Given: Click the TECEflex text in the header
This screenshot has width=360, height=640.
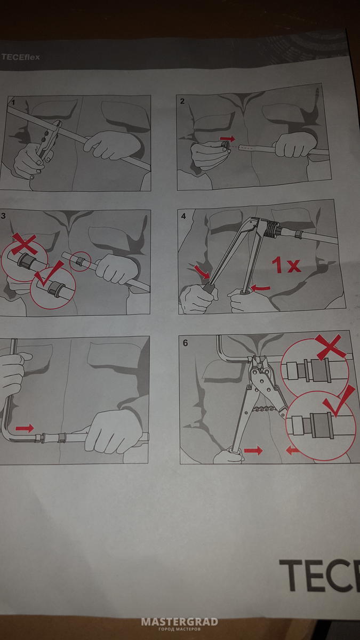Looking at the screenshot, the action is (x=21, y=57).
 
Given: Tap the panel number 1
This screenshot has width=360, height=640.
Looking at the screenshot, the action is (x=13, y=102).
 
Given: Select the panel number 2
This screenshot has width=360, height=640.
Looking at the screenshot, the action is (x=182, y=101).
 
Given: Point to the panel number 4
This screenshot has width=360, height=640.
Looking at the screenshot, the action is (x=183, y=216).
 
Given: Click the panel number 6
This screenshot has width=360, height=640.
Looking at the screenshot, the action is (x=185, y=342).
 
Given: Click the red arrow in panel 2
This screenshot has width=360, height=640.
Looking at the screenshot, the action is (x=227, y=139).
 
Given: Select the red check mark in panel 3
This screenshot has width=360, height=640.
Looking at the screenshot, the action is (x=49, y=274).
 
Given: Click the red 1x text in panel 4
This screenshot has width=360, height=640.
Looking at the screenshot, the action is (x=286, y=265).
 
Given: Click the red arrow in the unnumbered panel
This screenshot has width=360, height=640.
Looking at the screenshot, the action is (x=25, y=428).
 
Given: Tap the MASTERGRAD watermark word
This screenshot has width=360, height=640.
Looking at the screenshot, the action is (x=180, y=622).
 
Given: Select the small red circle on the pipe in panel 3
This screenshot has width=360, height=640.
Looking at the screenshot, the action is (x=81, y=261).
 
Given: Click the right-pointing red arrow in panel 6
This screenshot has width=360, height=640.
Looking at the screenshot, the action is (x=253, y=451).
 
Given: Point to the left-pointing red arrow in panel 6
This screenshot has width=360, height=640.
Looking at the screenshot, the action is (x=293, y=451).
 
